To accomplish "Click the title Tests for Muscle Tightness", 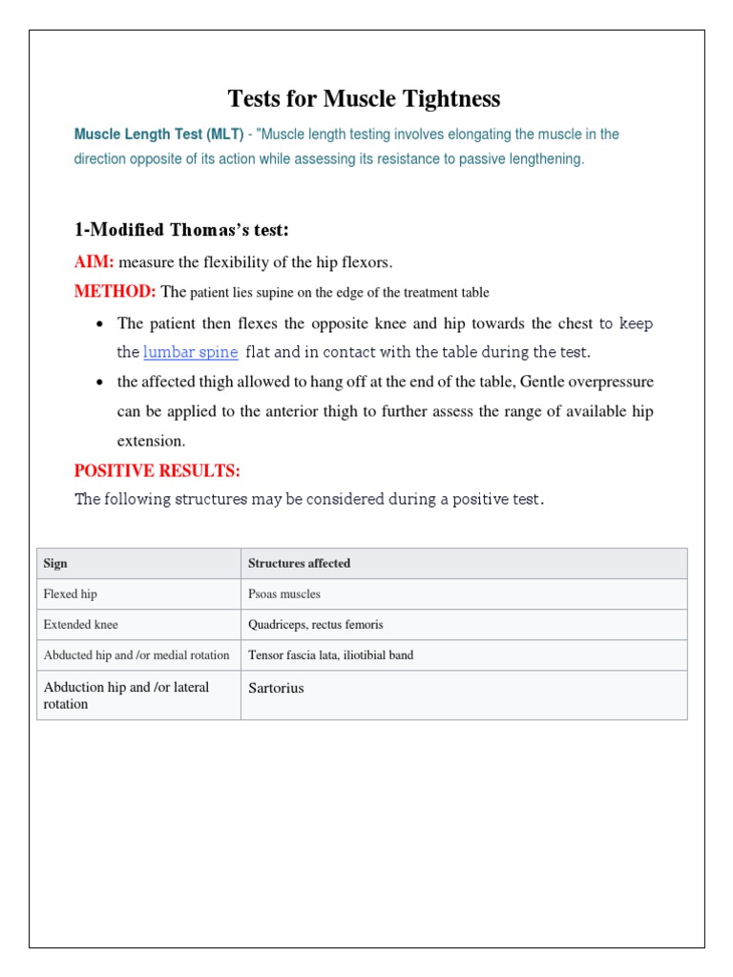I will (x=364, y=99).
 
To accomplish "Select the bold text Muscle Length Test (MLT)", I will (x=158, y=135).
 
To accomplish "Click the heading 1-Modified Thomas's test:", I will (x=181, y=230).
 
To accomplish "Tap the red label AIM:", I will (x=94, y=262).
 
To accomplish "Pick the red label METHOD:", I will (x=115, y=291).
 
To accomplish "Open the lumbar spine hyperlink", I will (x=190, y=352).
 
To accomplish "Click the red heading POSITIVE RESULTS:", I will (x=157, y=471).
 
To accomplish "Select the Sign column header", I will (x=55, y=564).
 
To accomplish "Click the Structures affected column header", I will (x=299, y=564).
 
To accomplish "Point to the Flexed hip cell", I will (x=71, y=594).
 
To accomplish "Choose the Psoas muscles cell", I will (x=284, y=594).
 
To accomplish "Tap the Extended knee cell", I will (x=81, y=625).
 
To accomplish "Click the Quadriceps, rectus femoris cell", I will (x=316, y=625).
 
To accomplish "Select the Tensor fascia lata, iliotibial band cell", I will (x=330, y=655).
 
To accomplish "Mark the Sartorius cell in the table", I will (x=276, y=688).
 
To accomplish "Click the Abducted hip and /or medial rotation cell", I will (x=136, y=655).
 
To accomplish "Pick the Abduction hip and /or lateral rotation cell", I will (x=126, y=696).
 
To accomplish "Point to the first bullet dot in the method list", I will (x=101, y=324).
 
